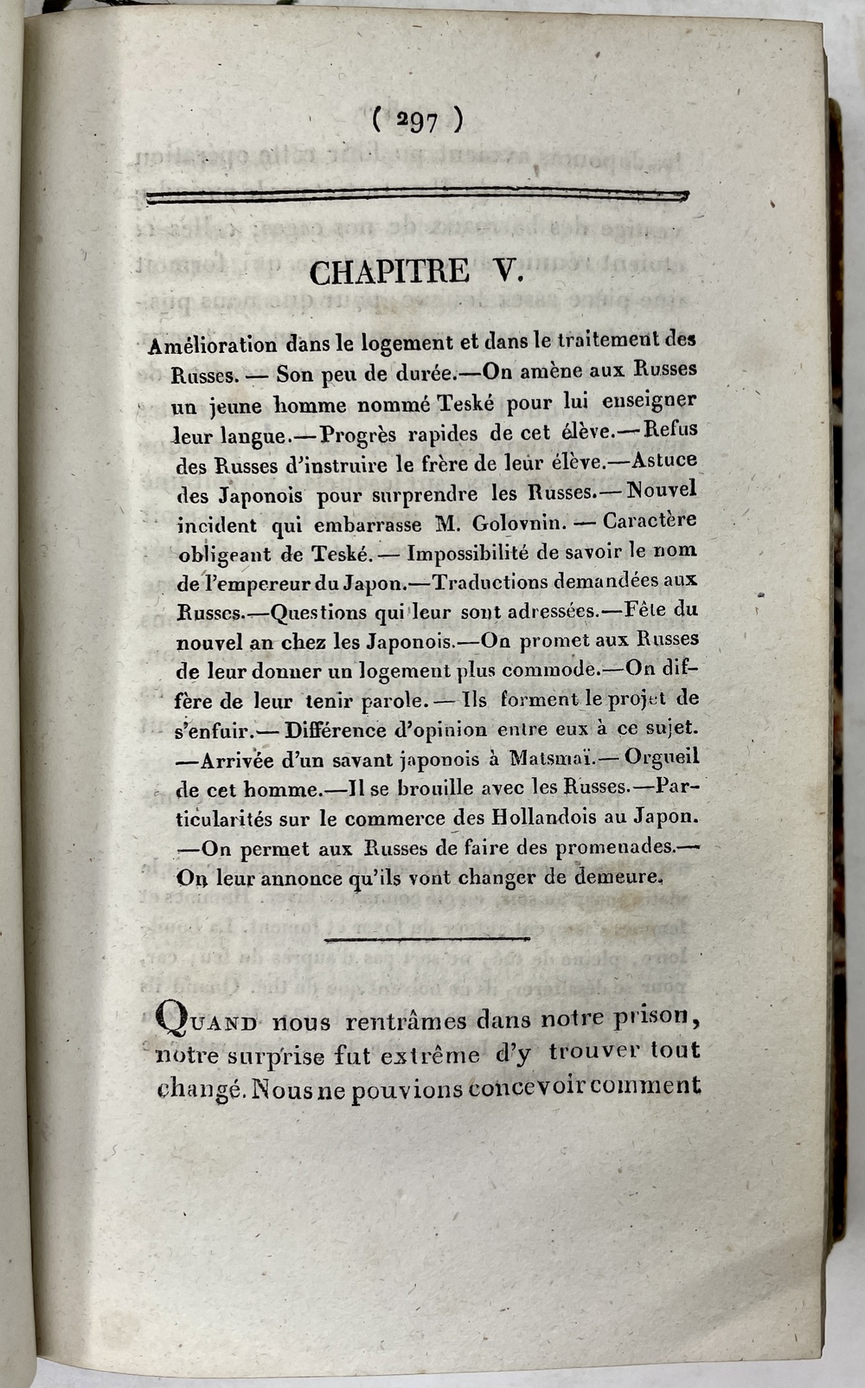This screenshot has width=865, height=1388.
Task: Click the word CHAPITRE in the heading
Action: coord(389,273)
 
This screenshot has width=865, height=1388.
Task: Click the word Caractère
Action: coord(650,521)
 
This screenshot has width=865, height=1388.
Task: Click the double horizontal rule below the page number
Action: coord(418,197)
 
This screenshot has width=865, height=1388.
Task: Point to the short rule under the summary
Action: coord(418,938)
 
